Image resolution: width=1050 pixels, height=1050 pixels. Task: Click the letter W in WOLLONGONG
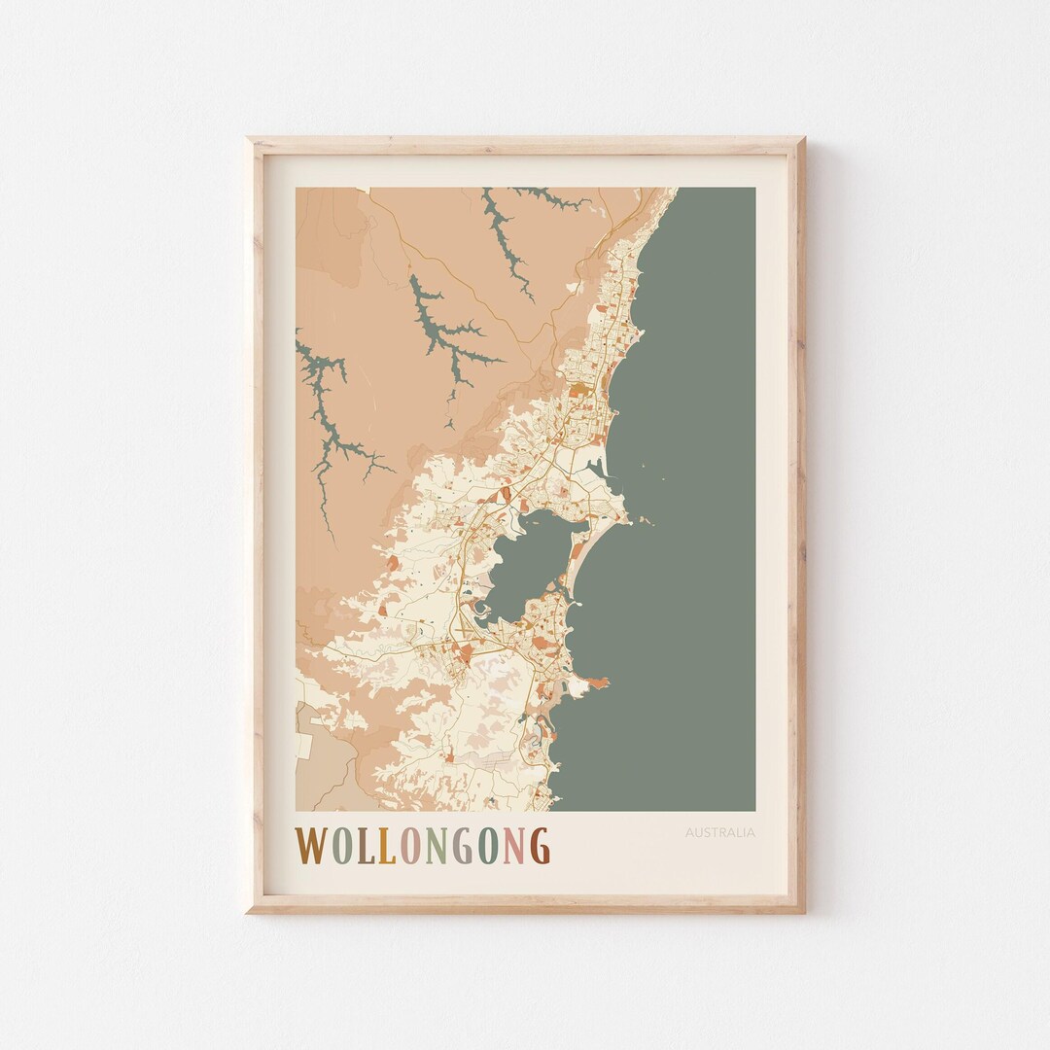(x=313, y=845)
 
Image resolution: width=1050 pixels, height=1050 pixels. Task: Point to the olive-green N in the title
(x=437, y=845)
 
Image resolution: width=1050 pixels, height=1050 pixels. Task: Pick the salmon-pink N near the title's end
(x=514, y=845)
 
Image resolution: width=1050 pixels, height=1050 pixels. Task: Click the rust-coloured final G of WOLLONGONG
(x=540, y=845)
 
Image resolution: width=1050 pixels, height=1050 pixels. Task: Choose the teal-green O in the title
(x=489, y=845)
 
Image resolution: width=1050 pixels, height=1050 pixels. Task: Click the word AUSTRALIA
(x=719, y=832)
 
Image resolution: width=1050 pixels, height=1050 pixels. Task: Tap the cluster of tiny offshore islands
(x=642, y=520)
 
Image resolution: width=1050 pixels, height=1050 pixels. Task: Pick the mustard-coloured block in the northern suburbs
(x=579, y=391)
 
